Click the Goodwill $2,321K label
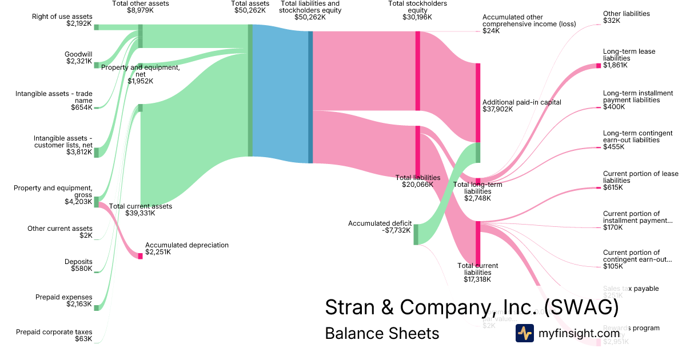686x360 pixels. point(78,58)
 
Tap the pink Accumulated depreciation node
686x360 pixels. point(140,256)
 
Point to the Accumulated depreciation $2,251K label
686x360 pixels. point(186,249)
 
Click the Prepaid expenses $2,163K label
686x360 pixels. point(63,301)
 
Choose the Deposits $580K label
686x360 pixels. point(78,265)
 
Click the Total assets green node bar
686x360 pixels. point(250,90)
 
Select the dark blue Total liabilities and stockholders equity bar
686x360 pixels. point(310,97)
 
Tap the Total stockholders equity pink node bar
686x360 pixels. point(417,71)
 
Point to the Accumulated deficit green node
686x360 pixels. point(416,234)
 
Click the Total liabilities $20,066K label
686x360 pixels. point(418,181)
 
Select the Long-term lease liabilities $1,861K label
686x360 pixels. point(629,58)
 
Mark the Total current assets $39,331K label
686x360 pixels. point(140,210)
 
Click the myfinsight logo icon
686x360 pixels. point(524,333)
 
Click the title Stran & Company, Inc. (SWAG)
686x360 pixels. point(472,307)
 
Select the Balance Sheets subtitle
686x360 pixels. point(382,333)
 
